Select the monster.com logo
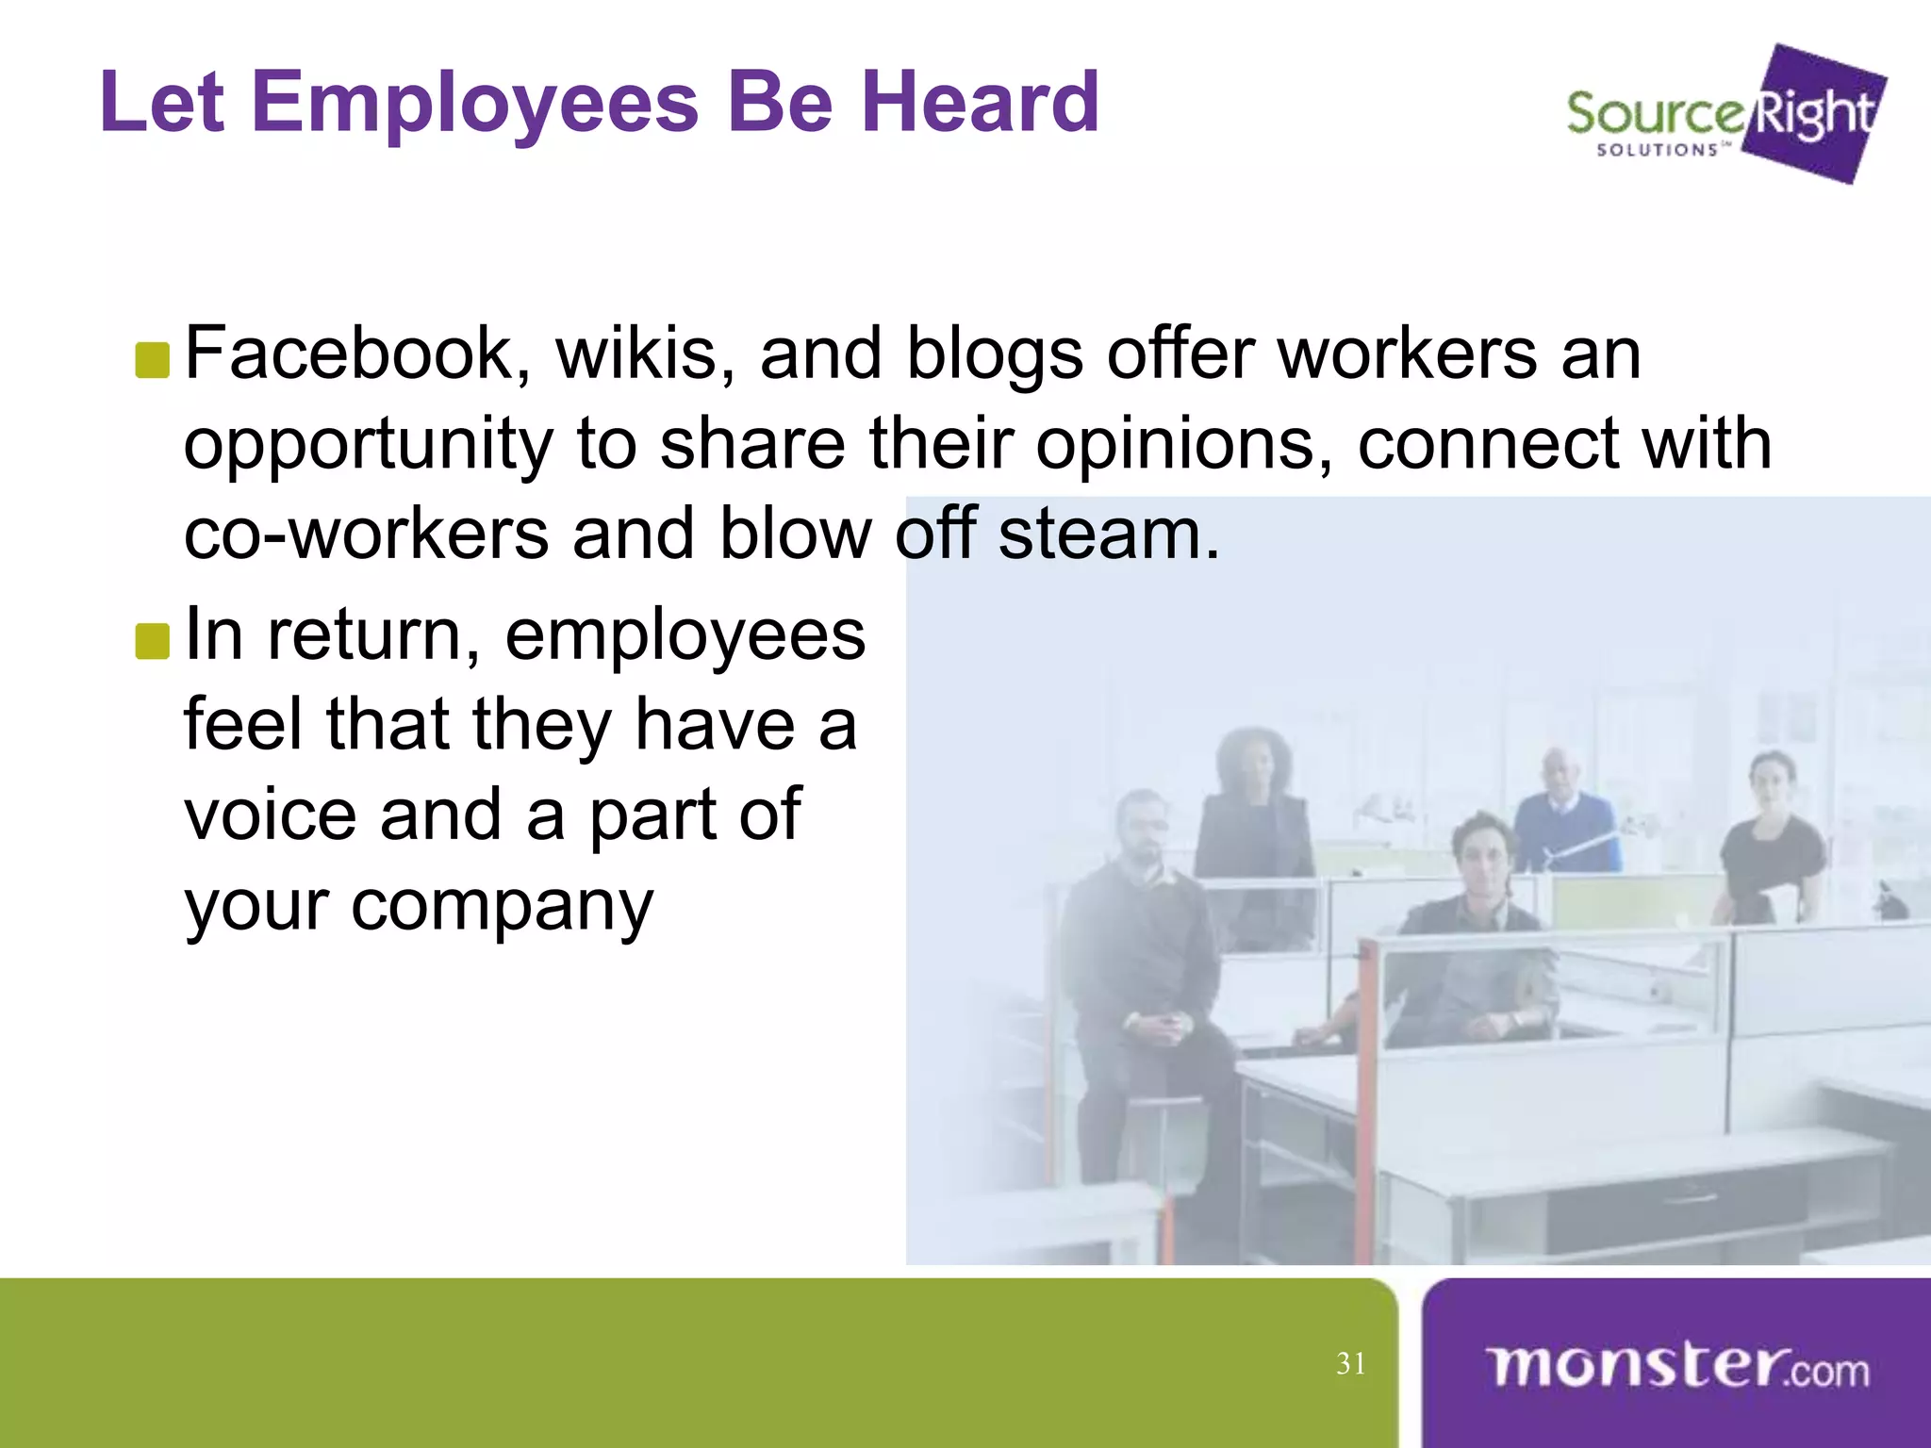(1676, 1366)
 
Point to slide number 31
(1350, 1363)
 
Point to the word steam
(1107, 534)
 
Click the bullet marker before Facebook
(152, 360)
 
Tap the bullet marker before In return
(152, 641)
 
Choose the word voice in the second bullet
(270, 814)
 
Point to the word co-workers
(366, 534)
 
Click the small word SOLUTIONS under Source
(1657, 150)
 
